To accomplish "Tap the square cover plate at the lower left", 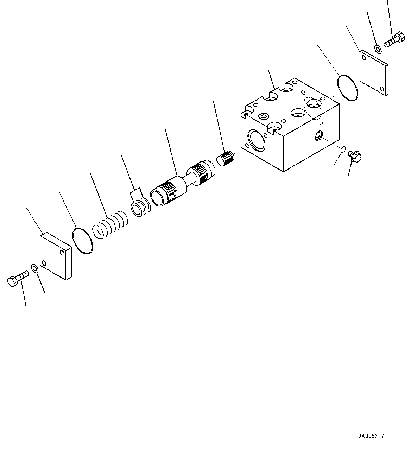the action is [x=56, y=256].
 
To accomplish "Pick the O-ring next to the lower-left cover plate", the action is [x=83, y=241].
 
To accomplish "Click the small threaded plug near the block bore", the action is [x=225, y=158].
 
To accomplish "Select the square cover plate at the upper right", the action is [x=374, y=73].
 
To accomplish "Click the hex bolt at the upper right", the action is [x=394, y=40].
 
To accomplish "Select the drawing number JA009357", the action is [x=371, y=436].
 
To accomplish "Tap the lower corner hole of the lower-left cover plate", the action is [x=44, y=262].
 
